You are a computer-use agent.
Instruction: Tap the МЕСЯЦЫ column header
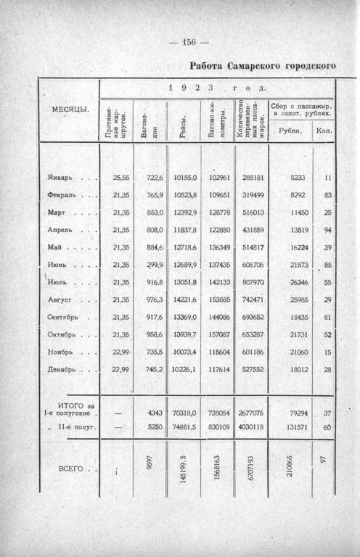click(x=70, y=109)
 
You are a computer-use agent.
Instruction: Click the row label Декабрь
click(x=63, y=369)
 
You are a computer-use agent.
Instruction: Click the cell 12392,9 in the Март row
click(x=185, y=213)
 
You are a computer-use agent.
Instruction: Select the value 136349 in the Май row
click(x=218, y=247)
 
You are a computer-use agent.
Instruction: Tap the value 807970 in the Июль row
click(x=253, y=282)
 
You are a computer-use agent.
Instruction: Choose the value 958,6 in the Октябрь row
click(x=152, y=334)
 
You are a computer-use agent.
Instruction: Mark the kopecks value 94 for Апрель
click(x=327, y=230)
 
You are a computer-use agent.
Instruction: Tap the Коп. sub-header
click(x=323, y=131)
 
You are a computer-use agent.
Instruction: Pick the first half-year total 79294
click(x=298, y=413)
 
